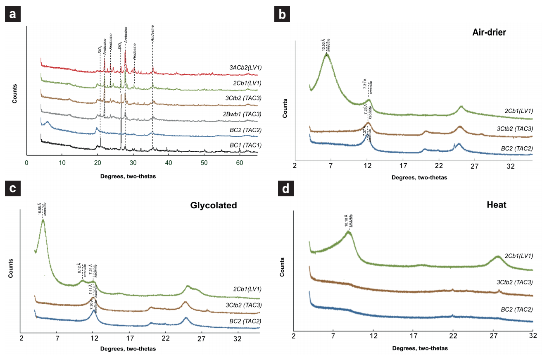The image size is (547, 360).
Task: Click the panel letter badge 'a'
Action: [x=13, y=14]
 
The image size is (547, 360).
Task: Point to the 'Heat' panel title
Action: [x=497, y=205]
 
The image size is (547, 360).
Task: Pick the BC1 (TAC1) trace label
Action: [x=247, y=145]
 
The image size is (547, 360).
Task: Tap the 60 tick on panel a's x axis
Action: [x=240, y=163]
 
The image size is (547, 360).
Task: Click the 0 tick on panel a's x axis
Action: [x=26, y=163]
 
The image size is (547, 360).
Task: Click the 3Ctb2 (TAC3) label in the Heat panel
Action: [x=514, y=282]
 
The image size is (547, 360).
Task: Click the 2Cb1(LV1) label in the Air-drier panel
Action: [x=518, y=111]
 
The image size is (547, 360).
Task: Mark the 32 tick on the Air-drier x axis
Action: [x=510, y=166]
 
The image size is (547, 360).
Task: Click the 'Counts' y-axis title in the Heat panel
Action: [x=282, y=268]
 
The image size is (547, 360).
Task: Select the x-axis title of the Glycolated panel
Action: [x=128, y=349]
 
